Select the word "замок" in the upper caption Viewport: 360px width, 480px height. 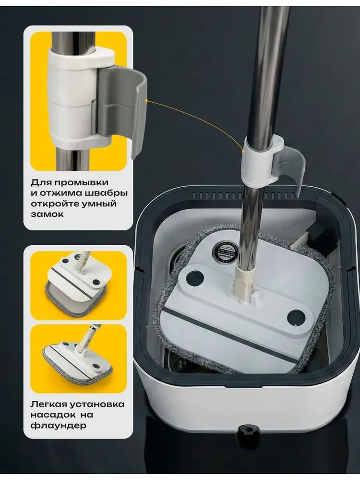tap(47, 214)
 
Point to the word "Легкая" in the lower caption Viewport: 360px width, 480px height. tap(48, 404)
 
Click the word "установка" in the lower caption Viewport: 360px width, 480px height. tap(97, 404)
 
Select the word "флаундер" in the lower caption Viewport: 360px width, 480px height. tap(59, 425)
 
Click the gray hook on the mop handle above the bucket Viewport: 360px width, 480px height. tap(290, 169)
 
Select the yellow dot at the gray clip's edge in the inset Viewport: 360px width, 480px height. tap(146, 100)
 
